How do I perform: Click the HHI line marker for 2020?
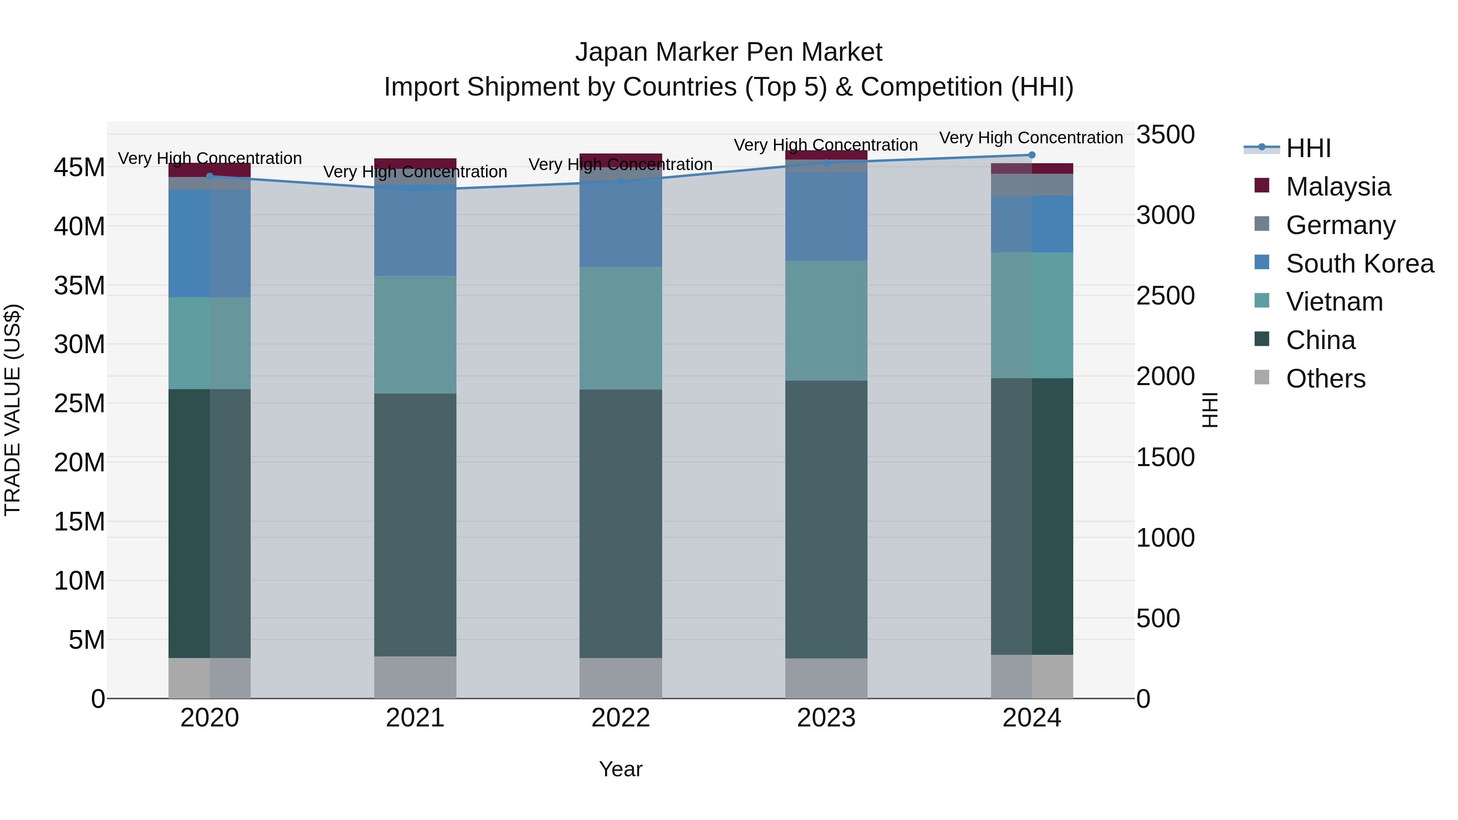209,176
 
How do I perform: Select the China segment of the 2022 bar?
620,524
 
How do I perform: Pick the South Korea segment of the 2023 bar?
826,216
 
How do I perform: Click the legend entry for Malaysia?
1338,187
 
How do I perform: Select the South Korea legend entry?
1360,263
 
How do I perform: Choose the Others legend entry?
1325,379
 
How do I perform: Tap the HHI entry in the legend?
1308,148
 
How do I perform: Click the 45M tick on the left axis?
79,168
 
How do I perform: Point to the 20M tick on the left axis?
79,462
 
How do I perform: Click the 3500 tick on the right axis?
1165,135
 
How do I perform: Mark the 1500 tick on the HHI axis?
1165,457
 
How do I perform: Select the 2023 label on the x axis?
826,718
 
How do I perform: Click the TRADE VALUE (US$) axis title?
13,410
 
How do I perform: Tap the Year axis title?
620,769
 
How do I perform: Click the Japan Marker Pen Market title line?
729,52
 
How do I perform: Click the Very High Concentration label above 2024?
1031,138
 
